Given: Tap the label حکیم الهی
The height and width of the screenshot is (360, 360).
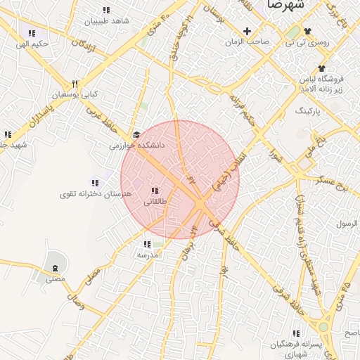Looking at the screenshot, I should tap(34, 44).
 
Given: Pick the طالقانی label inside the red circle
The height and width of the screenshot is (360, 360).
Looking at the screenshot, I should tap(155, 201).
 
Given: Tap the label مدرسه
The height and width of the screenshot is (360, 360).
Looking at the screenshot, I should tap(146, 255).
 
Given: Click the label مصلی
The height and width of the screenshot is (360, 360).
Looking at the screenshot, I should tap(55, 279).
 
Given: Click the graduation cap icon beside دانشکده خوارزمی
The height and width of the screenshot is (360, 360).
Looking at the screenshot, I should tap(136, 134).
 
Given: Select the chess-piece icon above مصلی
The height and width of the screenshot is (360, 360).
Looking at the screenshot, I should tap(55, 268).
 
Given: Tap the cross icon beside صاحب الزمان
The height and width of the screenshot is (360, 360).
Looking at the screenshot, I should tap(247, 31).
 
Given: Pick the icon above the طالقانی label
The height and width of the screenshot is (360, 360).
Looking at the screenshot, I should tap(155, 191).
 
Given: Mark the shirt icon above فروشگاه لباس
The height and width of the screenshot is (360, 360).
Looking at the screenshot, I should tap(321, 68).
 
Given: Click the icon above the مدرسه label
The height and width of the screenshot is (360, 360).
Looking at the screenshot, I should tap(146, 245).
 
